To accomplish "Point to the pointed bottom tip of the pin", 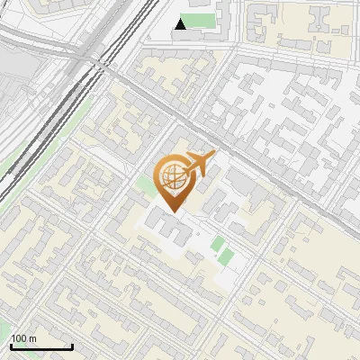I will [x=173, y=211].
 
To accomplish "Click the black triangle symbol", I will [x=181, y=24].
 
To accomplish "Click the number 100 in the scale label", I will [x=20, y=339].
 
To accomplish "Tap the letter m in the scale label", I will [x=32, y=339].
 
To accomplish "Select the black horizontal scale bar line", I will [x=41, y=346].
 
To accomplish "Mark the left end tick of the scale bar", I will [x=11, y=345].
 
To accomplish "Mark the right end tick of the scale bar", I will [x=72, y=345].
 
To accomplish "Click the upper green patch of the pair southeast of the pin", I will [x=217, y=242].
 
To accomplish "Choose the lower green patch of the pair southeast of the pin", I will [x=225, y=257].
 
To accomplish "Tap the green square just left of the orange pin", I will [x=144, y=186].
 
